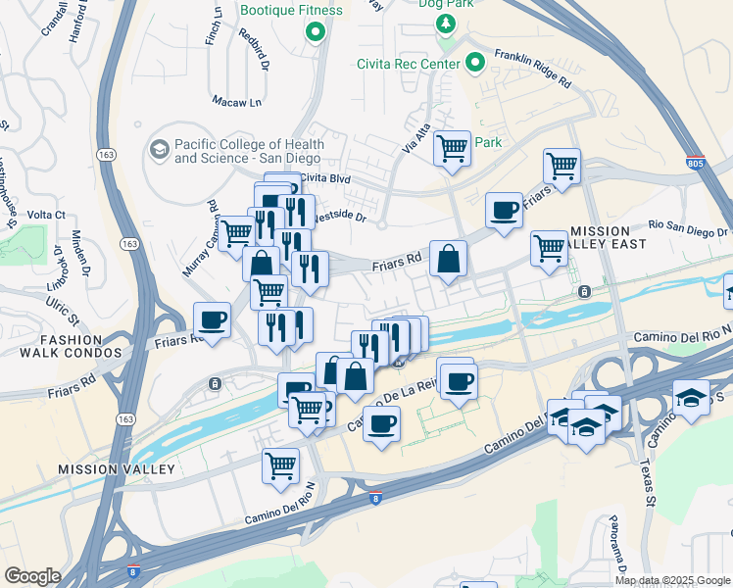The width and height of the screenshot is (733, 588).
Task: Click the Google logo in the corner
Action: click(33, 576)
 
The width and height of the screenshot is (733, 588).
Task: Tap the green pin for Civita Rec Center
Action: click(475, 65)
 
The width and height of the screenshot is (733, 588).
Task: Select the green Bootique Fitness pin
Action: click(316, 33)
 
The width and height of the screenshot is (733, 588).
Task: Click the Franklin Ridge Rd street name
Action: click(532, 70)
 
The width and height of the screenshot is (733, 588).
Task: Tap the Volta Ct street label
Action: click(46, 215)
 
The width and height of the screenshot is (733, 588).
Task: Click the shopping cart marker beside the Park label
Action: click(451, 150)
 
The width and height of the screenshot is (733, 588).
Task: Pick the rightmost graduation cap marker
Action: click(691, 398)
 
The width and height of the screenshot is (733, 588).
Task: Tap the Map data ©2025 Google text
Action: click(672, 580)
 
